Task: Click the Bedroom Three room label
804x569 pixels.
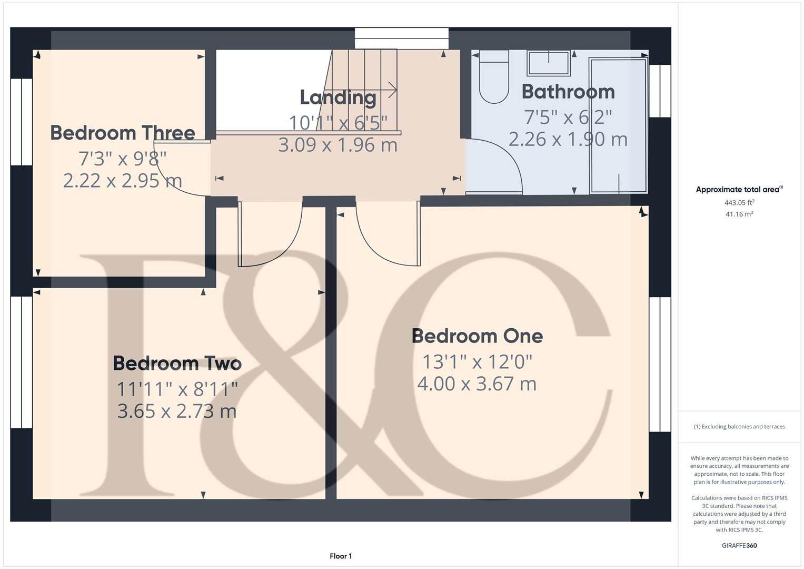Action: coord(123,133)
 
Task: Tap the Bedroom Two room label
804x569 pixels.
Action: coord(177,364)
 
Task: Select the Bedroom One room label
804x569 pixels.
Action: coord(477,336)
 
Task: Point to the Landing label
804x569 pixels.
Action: coord(338,97)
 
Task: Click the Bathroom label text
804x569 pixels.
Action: coord(568,92)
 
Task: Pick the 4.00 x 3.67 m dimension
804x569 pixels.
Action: coord(477,384)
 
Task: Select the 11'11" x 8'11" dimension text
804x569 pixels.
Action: coord(177,389)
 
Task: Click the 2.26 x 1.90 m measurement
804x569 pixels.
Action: coord(568,139)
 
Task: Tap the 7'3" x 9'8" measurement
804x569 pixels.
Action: coord(123,158)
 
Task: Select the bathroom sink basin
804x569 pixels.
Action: coord(549,63)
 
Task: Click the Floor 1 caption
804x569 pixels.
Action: coord(341,556)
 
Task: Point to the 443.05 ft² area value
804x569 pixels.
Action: coord(739,202)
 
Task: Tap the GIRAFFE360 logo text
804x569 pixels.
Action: coord(739,545)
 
